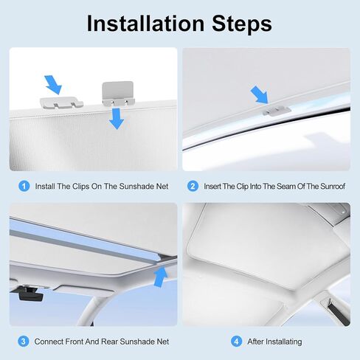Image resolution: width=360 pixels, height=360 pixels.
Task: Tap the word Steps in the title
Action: (244, 23)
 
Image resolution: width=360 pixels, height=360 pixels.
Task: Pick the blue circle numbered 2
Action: (193, 187)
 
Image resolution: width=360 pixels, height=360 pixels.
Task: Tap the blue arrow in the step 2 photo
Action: (258, 94)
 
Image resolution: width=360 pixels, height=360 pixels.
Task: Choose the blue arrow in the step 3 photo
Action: (159, 276)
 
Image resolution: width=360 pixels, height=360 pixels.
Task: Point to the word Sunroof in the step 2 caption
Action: (328, 187)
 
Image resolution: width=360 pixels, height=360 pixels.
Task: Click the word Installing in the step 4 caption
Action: (283, 342)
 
